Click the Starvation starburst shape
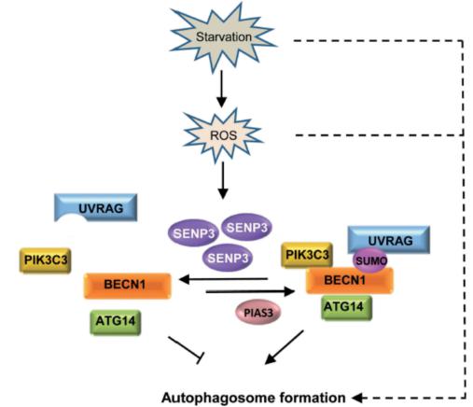click(223, 37)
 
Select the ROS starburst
click(223, 135)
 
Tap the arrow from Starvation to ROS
click(221, 89)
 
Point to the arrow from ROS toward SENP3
click(223, 180)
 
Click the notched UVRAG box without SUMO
click(96, 207)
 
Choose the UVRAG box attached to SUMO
click(389, 240)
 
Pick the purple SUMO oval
click(370, 260)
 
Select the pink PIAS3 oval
click(258, 312)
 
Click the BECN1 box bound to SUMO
click(350, 280)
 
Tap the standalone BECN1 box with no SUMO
click(128, 286)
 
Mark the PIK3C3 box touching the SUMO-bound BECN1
click(307, 255)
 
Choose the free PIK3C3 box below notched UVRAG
click(46, 260)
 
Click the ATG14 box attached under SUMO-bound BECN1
click(347, 307)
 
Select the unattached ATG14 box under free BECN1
click(116, 322)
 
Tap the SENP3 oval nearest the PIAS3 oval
click(228, 258)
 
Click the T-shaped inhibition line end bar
click(201, 358)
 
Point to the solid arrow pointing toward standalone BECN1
click(223, 279)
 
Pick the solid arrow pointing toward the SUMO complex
click(250, 291)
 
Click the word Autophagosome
click(217, 398)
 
